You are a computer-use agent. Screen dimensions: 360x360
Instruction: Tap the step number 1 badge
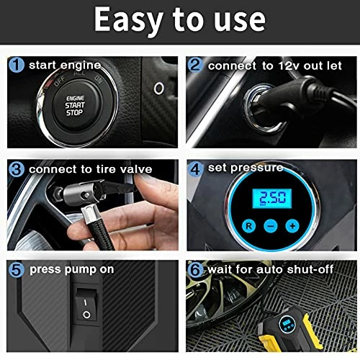(x=17, y=65)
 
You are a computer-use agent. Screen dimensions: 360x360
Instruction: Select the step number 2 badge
(x=195, y=65)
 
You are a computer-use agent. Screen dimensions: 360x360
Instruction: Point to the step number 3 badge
(x=17, y=169)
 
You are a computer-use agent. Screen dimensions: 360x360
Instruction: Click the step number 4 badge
(x=195, y=169)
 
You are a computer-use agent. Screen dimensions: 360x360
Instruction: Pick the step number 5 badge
(x=17, y=269)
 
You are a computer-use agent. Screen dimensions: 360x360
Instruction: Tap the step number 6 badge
(x=195, y=269)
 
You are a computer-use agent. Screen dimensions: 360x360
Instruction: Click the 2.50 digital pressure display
(x=272, y=198)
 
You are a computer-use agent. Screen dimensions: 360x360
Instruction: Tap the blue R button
(x=249, y=226)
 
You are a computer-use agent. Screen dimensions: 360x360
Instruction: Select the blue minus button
(x=271, y=226)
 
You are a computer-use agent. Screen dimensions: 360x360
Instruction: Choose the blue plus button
(x=292, y=226)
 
